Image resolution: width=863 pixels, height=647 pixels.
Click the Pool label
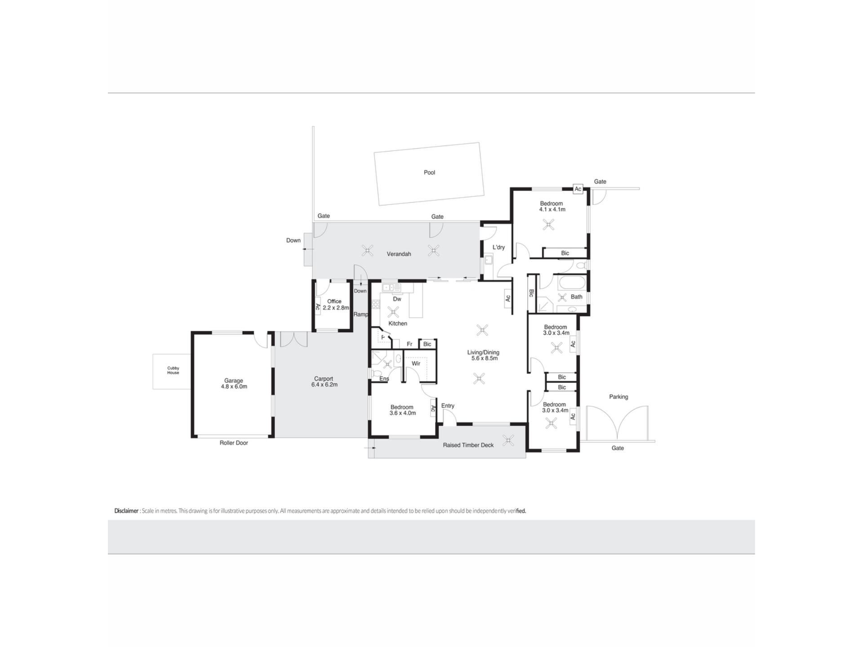coord(429,173)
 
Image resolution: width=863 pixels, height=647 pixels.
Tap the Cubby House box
coord(173,372)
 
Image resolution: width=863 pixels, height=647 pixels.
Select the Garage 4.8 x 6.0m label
coord(234,384)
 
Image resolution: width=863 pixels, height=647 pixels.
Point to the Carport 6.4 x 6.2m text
coord(324,382)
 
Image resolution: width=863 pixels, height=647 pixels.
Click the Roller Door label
coord(234,443)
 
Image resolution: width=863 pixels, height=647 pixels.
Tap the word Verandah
coord(399,254)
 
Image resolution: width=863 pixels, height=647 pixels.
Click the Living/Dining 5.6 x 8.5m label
coord(484,355)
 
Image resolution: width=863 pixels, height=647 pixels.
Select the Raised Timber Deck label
coord(468,445)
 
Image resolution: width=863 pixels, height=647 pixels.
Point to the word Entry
coord(448,406)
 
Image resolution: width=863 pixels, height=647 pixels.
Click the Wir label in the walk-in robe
coord(416,363)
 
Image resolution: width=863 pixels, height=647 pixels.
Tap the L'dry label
coord(498,248)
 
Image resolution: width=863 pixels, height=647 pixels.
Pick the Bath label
coord(576,297)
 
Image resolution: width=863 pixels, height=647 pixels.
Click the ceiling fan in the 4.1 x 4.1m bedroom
coord(548,225)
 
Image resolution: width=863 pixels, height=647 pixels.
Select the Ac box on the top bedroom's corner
coord(578,189)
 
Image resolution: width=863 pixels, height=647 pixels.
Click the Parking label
coord(618,397)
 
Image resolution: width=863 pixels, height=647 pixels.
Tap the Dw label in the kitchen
coord(397,299)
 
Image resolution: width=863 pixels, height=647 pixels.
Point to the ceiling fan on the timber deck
coord(508,440)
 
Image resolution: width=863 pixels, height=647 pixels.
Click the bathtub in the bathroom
coord(571,284)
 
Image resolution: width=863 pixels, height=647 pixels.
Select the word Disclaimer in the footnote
coord(126,511)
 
